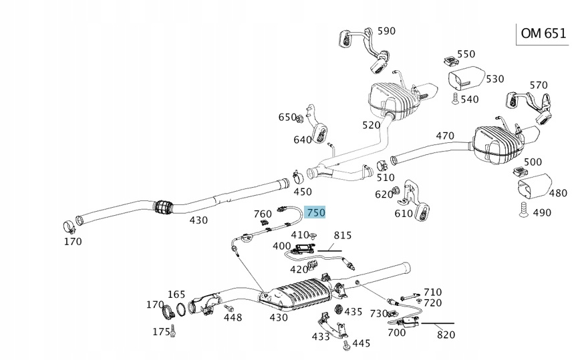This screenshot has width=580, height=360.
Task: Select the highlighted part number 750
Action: click(315, 212)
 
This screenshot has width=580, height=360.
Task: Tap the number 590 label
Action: click(386, 31)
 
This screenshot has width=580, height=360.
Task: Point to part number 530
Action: click(494, 79)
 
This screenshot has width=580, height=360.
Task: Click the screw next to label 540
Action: click(454, 99)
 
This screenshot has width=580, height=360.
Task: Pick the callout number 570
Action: click(538, 85)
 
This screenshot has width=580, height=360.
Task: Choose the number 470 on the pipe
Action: click(445, 136)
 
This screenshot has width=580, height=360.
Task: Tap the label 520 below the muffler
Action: click(371, 125)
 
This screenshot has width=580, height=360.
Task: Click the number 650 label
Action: click(287, 118)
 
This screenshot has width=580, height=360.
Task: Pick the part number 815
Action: click(342, 235)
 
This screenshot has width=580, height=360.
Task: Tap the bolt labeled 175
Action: click(173, 329)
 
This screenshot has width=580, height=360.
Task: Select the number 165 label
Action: click(176, 294)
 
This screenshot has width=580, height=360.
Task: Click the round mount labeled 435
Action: click(337, 311)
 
